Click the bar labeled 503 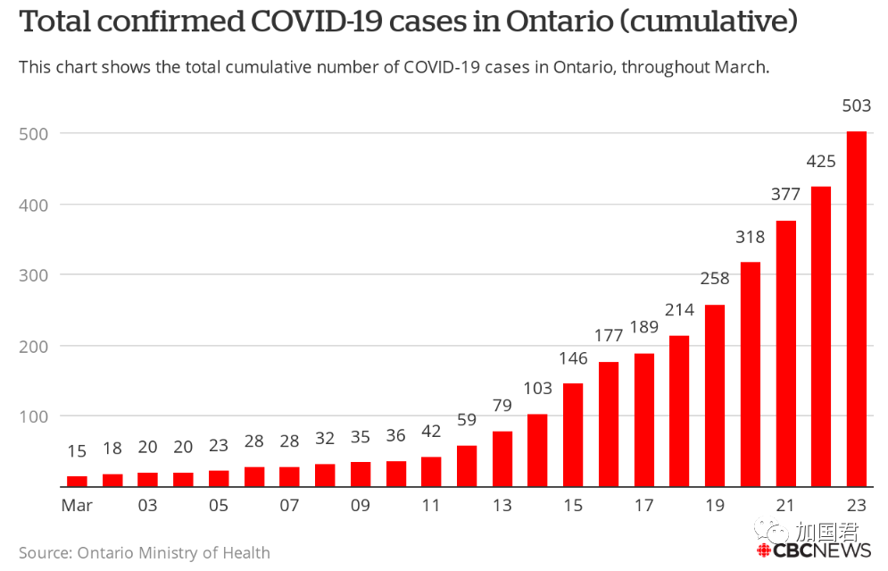856,309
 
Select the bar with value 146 573,435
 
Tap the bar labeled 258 715,396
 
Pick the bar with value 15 77,482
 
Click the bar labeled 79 502,458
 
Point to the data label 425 820,162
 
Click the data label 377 785,195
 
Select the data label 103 537,389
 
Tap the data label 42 431,432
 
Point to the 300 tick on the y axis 33,275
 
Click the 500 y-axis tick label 33,134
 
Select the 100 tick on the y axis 33,416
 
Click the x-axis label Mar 77,505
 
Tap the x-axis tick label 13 502,505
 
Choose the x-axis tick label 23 856,505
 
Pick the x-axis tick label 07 289,505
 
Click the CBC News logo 814,550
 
